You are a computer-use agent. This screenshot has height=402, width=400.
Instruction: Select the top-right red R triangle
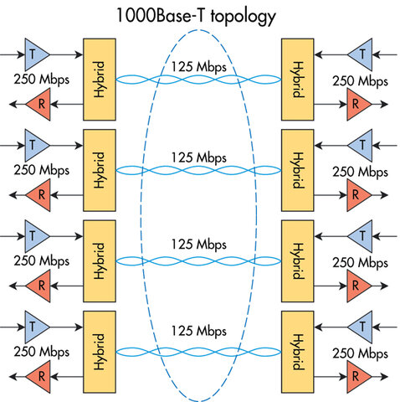click(356, 104)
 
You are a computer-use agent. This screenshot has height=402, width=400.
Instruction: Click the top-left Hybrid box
click(100, 79)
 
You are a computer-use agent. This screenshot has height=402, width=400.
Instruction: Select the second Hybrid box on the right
click(297, 170)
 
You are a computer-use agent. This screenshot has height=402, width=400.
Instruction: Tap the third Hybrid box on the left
click(100, 261)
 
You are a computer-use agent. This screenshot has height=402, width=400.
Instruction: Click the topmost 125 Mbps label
click(197, 64)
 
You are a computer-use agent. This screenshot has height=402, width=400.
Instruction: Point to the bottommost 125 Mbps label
click(197, 333)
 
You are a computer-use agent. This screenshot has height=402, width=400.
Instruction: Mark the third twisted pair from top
click(197, 260)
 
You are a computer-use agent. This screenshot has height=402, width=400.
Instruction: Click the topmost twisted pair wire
click(197, 80)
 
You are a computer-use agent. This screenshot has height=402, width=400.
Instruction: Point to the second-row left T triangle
click(34, 145)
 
